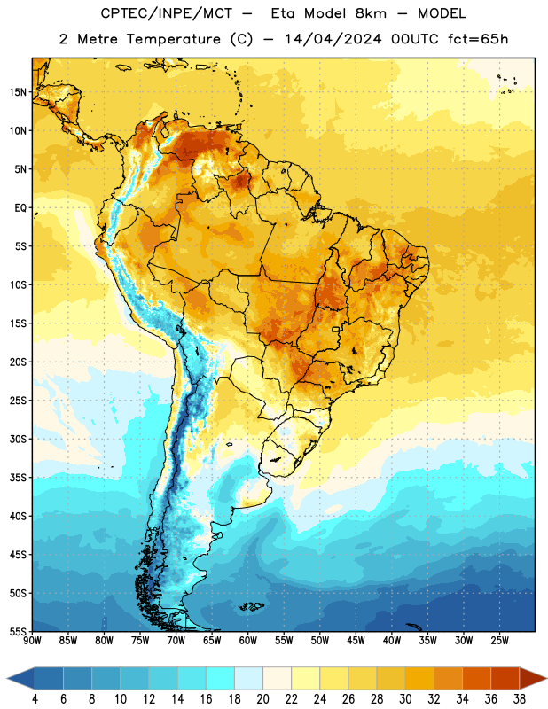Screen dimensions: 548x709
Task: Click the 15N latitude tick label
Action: coord(18,92)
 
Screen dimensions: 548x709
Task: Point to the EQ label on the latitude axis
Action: coord(20,208)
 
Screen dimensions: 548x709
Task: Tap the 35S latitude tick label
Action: coord(18,478)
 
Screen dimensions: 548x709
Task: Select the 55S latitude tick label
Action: coord(18,632)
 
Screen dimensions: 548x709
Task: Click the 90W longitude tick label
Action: coord(32,641)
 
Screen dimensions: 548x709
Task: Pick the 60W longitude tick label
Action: coord(248,641)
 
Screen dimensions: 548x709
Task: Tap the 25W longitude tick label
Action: coord(499,641)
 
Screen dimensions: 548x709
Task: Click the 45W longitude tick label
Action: coord(356,641)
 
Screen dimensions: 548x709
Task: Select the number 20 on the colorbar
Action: coord(262,699)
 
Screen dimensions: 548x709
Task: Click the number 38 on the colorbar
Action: coord(520,699)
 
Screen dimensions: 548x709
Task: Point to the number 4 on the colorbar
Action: coord(35,699)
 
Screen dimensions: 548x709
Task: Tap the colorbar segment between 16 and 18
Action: coord(221,678)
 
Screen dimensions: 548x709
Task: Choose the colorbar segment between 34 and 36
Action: coord(477,678)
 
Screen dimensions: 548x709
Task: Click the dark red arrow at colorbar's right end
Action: coord(532,678)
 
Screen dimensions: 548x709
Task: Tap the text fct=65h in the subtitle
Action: coord(478,39)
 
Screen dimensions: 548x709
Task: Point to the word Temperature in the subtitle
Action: coord(173,39)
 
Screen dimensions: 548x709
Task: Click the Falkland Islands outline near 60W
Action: coord(251,606)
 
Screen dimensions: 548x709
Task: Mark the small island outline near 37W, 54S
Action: coord(413,627)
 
